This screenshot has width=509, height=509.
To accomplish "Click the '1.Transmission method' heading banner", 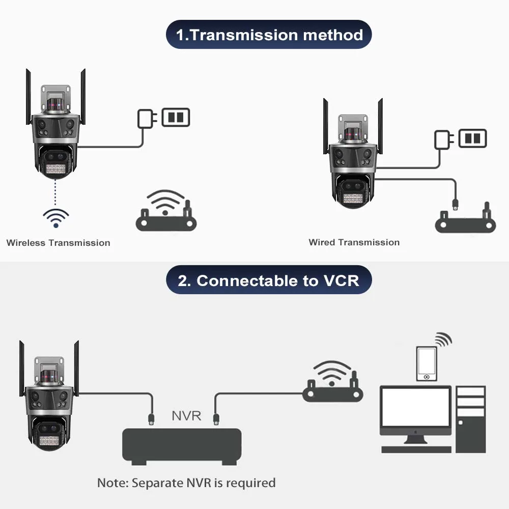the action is (269, 35).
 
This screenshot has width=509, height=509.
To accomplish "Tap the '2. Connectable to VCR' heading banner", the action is (269, 280).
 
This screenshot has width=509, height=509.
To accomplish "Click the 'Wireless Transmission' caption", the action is (58, 243).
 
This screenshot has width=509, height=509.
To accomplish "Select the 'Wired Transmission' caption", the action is (354, 242).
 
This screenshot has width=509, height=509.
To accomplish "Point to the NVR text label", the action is (186, 416).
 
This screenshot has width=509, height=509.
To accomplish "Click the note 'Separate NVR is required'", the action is (186, 483).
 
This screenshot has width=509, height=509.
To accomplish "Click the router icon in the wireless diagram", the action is (166, 211).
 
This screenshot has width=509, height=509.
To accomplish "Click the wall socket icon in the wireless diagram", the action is (176, 117).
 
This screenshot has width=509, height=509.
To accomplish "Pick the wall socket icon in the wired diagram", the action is (473, 138).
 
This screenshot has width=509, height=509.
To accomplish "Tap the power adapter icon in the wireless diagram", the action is (147, 119).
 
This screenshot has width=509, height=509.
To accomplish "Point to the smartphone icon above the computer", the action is (427, 364).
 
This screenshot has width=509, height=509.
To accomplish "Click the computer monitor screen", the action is (416, 407).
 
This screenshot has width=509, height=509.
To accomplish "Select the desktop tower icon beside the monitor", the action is (471, 419).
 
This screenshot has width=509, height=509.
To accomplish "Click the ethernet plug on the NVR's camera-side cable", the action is (151, 419).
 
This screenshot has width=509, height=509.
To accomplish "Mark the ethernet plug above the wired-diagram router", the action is (455, 205).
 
